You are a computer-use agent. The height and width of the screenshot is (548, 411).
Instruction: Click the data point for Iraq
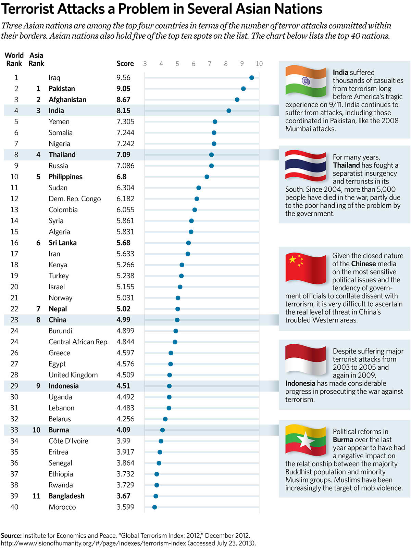252,78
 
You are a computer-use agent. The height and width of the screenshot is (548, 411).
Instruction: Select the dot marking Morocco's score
154,507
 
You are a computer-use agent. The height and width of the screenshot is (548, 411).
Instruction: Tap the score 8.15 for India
123,111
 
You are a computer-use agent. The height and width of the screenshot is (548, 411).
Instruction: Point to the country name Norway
60,298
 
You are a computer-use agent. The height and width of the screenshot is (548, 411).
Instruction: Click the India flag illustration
306,81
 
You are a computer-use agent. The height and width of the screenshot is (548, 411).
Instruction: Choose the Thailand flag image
306,166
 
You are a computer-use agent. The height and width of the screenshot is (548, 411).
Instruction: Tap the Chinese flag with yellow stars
306,269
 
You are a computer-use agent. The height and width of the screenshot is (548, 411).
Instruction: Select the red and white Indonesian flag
306,360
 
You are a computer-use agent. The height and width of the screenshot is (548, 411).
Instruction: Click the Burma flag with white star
306,440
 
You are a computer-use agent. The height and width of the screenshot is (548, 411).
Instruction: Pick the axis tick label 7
210,64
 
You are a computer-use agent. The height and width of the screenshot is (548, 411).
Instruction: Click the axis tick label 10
259,64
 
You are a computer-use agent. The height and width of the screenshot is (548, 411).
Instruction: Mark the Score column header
125,63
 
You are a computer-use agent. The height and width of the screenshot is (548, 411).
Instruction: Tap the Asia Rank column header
36,59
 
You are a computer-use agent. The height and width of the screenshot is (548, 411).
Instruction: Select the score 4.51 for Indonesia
123,386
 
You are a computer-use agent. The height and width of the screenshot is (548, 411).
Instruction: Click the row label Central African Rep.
78,342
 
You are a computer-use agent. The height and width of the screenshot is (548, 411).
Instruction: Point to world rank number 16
14,243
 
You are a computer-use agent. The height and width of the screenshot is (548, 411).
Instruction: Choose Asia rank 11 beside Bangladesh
36,496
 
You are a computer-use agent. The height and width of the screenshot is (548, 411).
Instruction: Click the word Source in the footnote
11,536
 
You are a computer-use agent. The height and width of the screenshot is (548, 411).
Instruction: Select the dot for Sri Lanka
188,243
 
